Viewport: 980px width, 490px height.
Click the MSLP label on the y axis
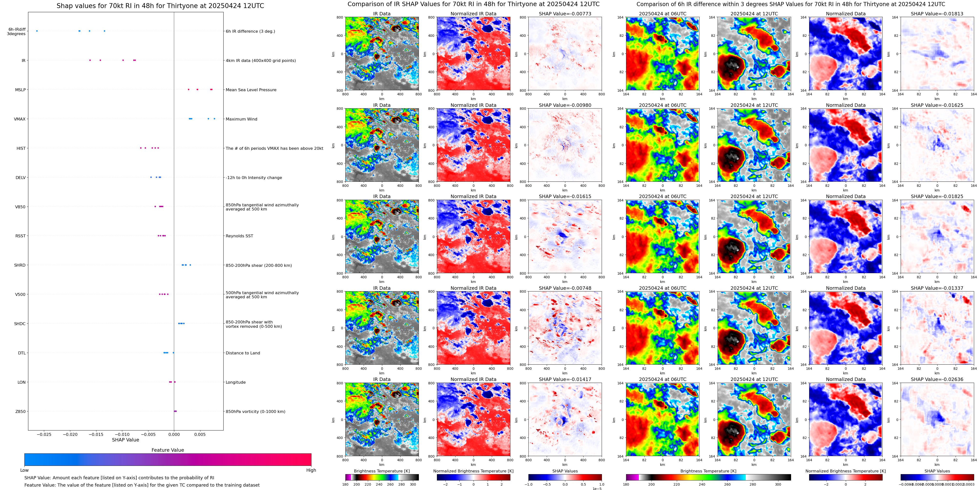[20, 90]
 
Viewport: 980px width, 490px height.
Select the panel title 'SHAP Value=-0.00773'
[565, 14]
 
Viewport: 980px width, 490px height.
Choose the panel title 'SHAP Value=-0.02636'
[937, 379]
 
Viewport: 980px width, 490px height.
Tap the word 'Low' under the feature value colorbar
[24, 470]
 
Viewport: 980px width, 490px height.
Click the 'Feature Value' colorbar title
[168, 450]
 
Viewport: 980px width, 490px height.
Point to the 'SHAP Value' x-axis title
[125, 440]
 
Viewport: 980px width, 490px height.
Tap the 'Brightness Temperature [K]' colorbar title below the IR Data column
[382, 471]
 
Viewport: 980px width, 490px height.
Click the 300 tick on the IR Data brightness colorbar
[413, 484]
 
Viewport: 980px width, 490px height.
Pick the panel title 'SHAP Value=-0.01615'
[565, 197]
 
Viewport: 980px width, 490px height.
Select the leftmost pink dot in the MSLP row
[189, 90]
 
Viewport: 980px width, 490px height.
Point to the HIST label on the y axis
[21, 148]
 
